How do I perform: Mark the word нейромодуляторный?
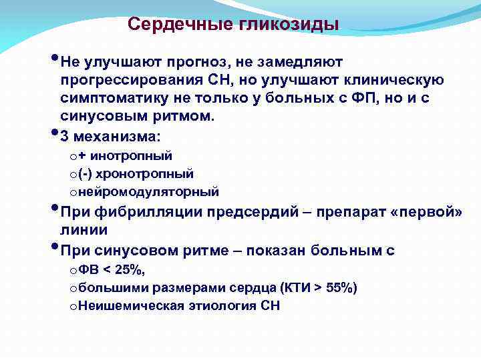tap(148, 192)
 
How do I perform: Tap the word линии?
tap(83, 230)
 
